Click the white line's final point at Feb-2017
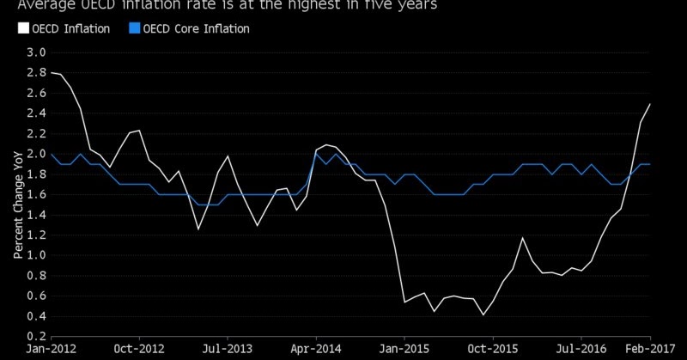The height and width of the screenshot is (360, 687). [x=650, y=104]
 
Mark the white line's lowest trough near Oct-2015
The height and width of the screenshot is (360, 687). [x=483, y=314]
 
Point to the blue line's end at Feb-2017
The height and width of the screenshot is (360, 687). [x=650, y=163]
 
